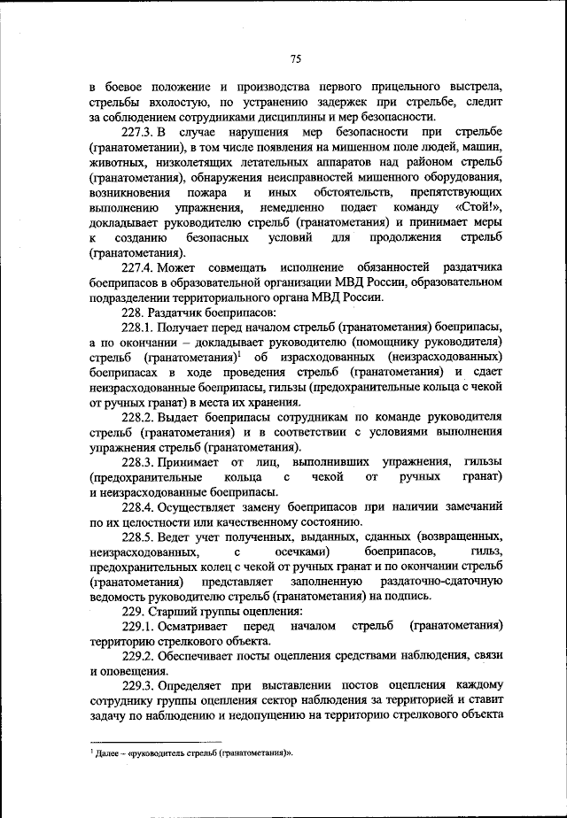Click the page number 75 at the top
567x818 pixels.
(x=296, y=58)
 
